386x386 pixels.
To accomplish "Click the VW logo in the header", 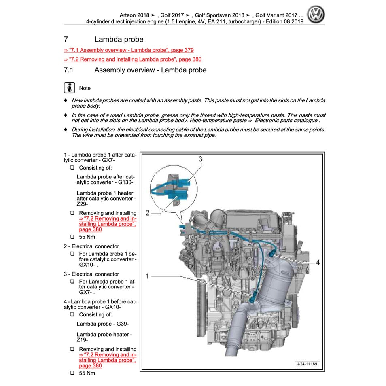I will pos(316,16).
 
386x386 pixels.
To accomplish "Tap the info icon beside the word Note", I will pos(70,88).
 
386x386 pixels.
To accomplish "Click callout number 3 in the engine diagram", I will pos(200,159).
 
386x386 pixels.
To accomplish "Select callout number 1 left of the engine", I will pos(148,276).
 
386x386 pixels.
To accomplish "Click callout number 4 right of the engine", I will pos(318,262).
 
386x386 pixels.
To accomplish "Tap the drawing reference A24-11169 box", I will pos(307,364).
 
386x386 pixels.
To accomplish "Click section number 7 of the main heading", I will pos(66,40).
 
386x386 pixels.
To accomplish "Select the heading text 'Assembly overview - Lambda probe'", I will pos(150,70).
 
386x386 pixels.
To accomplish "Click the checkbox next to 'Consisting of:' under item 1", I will pos(72,168).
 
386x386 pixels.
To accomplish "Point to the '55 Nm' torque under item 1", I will pos(87,237).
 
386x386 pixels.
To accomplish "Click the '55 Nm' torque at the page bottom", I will pos(87,373).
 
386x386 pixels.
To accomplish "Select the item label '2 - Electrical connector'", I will pos(91,246).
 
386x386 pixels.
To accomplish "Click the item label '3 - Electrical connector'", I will pos(91,274).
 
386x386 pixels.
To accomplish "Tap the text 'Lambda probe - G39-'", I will pos(102,324).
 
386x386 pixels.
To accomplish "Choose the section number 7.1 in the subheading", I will pos(68,70).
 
